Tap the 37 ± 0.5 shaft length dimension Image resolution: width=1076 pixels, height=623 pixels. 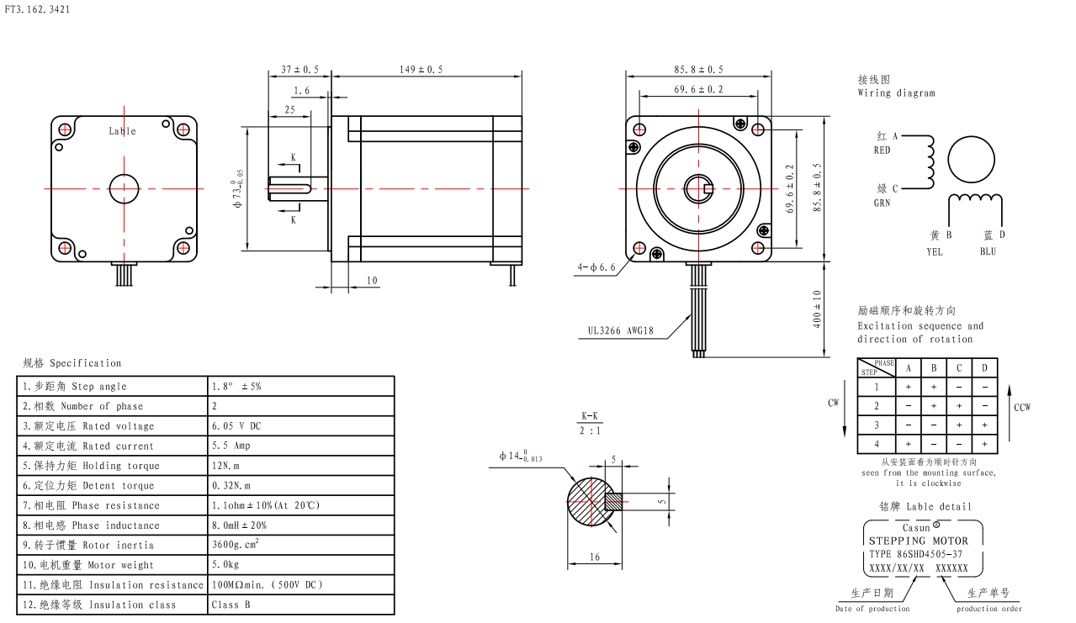pyautogui.click(x=299, y=69)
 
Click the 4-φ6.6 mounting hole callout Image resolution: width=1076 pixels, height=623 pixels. pyautogui.click(x=596, y=267)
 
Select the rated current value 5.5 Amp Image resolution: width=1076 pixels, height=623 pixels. pyautogui.click(x=231, y=446)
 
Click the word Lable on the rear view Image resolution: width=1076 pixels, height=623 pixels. pyautogui.click(x=122, y=131)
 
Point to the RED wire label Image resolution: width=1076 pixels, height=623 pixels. pyautogui.click(x=882, y=150)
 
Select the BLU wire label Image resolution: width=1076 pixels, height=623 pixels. pyautogui.click(x=988, y=251)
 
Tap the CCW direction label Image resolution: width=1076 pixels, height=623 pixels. pyautogui.click(x=1022, y=408)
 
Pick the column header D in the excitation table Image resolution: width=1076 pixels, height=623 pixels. pyautogui.click(x=984, y=368)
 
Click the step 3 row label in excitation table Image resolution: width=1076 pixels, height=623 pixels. pyautogui.click(x=876, y=425)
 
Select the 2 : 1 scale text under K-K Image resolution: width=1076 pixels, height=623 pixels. pyautogui.click(x=590, y=430)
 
